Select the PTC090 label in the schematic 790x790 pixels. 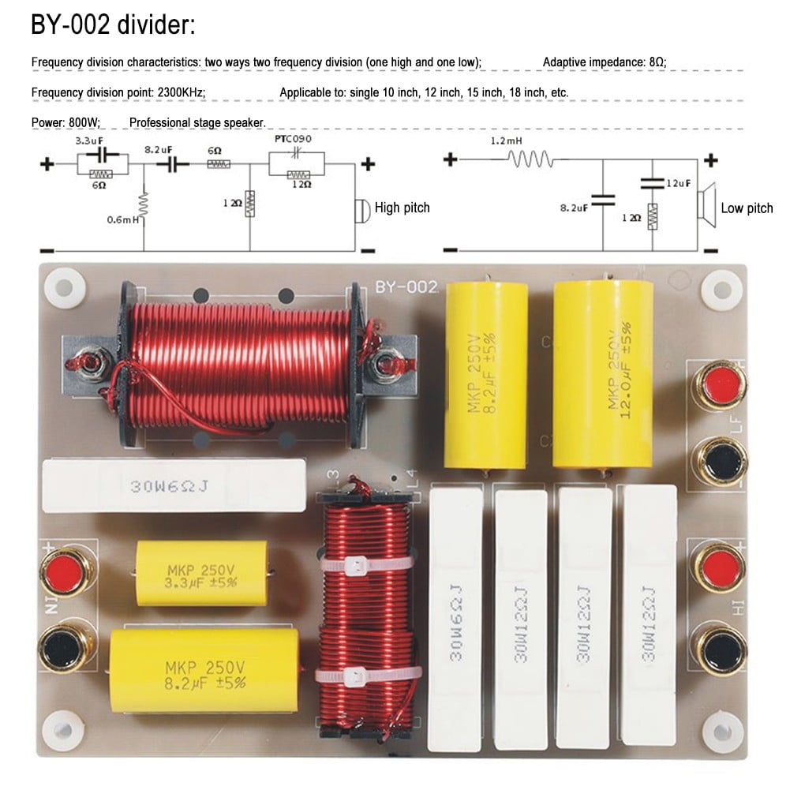(293, 139)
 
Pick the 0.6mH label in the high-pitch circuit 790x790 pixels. (123, 220)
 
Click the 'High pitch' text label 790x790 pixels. (402, 208)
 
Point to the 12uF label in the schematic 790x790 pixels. (678, 183)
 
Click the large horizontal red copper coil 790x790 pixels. (240, 364)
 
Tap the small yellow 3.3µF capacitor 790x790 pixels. (200, 574)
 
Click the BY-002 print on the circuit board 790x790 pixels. (406, 287)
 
